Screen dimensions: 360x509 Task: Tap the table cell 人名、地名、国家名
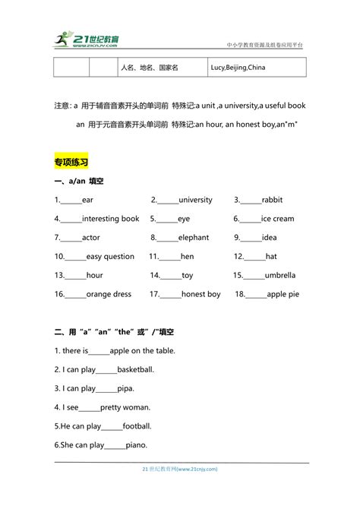[149, 68]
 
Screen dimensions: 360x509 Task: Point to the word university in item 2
[195, 200]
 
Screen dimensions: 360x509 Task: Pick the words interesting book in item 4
[110, 219]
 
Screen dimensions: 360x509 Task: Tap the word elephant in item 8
[194, 238]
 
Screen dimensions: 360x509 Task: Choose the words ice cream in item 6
[277, 219]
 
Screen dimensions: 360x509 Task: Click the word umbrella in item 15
[280, 275]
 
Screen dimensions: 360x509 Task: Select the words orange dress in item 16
[109, 294]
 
